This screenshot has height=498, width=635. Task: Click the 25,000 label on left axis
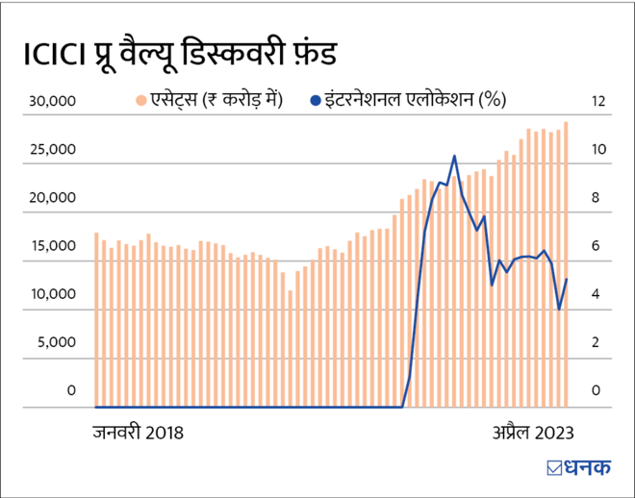(x=49, y=150)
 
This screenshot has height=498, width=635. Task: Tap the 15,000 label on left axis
(x=49, y=246)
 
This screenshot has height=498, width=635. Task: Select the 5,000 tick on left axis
(x=53, y=342)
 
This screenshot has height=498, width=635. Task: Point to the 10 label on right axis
(x=598, y=150)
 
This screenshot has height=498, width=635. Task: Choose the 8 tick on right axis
(x=597, y=198)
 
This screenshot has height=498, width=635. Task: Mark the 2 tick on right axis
(x=597, y=342)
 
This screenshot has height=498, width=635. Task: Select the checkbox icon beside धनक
(x=554, y=470)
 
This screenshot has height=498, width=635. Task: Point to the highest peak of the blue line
(x=454, y=156)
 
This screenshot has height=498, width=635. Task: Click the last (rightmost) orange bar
(x=566, y=264)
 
